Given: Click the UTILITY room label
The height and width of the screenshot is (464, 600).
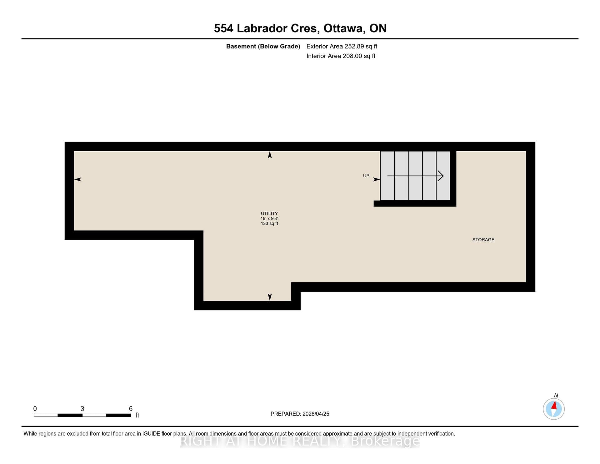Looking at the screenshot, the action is [269, 214].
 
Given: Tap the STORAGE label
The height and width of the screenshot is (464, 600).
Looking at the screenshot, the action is [483, 240].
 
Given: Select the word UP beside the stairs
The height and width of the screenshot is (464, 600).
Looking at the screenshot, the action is [366, 176].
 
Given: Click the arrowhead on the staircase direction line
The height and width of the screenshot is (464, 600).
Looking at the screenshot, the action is [441, 176].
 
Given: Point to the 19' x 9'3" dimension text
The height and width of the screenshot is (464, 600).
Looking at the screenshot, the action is [269, 219].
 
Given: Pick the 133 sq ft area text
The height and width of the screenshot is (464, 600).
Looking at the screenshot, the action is [269, 224].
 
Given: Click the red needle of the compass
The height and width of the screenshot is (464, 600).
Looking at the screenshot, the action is [554, 406].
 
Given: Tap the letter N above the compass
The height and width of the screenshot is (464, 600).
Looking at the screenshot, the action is [556, 396].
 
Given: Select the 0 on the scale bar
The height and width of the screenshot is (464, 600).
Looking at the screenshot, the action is [35, 409].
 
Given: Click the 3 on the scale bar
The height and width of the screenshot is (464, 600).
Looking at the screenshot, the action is [82, 409].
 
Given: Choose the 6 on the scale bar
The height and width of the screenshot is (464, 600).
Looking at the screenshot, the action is [131, 409].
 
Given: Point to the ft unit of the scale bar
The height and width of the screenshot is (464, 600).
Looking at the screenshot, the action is [137, 415].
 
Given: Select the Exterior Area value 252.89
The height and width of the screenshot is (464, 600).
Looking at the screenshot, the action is [354, 46].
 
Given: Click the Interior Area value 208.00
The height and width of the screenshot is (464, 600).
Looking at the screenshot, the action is [352, 56].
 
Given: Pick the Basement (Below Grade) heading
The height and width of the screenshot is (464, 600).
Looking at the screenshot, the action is [263, 47].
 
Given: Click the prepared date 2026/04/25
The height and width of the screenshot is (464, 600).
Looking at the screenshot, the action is [316, 414].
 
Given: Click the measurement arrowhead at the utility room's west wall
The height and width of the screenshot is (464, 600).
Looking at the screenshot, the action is [77, 179].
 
